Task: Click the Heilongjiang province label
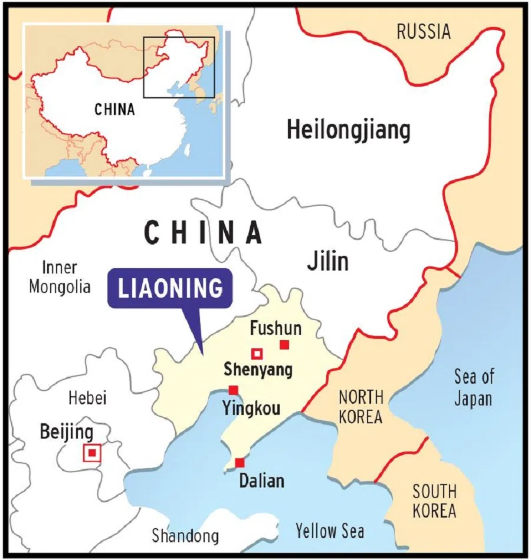[x=348, y=130]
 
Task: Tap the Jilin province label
[x=327, y=261]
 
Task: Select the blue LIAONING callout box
[x=171, y=289]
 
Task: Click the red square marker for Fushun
[x=284, y=345]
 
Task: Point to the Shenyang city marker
[x=257, y=354]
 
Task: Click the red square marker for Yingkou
[x=234, y=390]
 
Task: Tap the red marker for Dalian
[x=240, y=463]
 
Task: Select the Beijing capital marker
[x=92, y=453]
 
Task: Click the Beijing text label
[x=67, y=432]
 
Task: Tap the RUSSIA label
[x=423, y=31]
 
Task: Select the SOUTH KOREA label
[x=434, y=500]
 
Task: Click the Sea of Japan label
[x=473, y=388]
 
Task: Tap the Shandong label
[x=185, y=536]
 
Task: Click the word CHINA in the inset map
[x=114, y=109]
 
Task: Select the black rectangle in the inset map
[x=178, y=67]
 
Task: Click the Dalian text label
[x=261, y=481]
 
